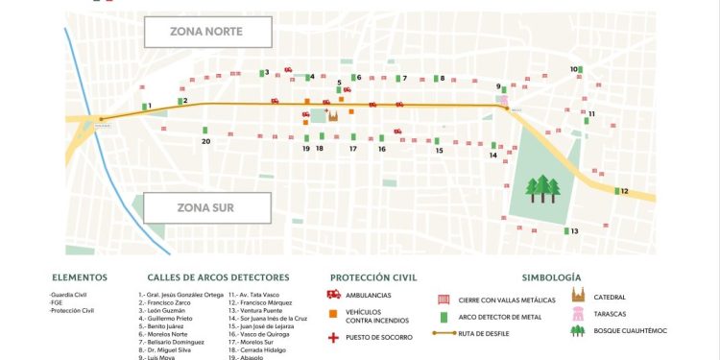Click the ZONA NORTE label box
coord(205,32)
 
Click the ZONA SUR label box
coord(205,206)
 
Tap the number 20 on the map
coord(205,141)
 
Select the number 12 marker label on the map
coord(624,191)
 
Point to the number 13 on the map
coord(574,231)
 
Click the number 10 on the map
coord(574,69)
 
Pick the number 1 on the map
coord(149,106)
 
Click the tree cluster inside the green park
coord(542,187)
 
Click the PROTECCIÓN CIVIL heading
coord(372,277)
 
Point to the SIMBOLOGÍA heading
coord(551,277)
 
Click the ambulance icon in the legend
coord(334,295)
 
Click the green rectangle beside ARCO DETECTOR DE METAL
coord(444,316)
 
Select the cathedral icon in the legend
coord(579,297)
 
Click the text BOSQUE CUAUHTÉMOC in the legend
coord(630,331)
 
